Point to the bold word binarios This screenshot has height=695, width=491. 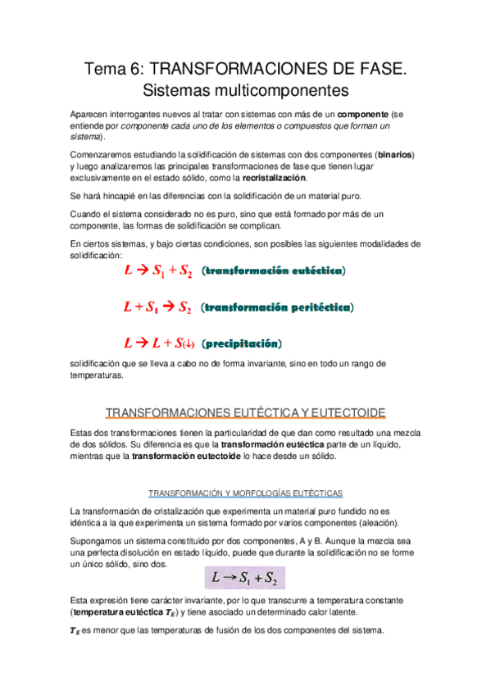tap(395, 154)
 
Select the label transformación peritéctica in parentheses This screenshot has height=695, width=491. tap(277, 308)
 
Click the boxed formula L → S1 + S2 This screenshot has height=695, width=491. tap(245, 578)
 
